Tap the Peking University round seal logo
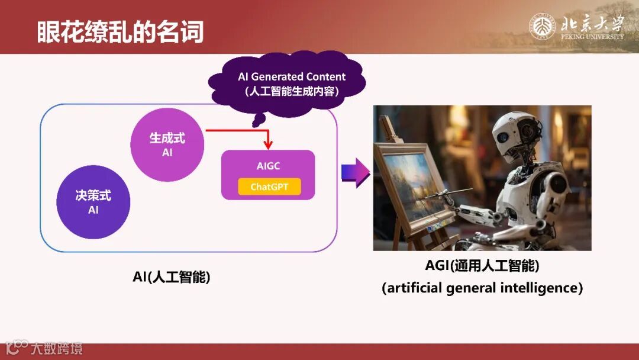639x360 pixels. (x=543, y=27)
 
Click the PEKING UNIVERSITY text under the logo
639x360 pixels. (x=592, y=37)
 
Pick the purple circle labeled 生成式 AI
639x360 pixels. (x=167, y=144)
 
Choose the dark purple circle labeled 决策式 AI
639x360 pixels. (x=93, y=202)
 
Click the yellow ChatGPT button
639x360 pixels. (x=269, y=187)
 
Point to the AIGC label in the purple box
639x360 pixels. (x=268, y=166)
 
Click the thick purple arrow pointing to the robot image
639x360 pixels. (x=356, y=172)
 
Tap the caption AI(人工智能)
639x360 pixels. (x=172, y=277)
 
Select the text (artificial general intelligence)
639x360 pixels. (x=482, y=288)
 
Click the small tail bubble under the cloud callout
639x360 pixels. (x=257, y=122)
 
